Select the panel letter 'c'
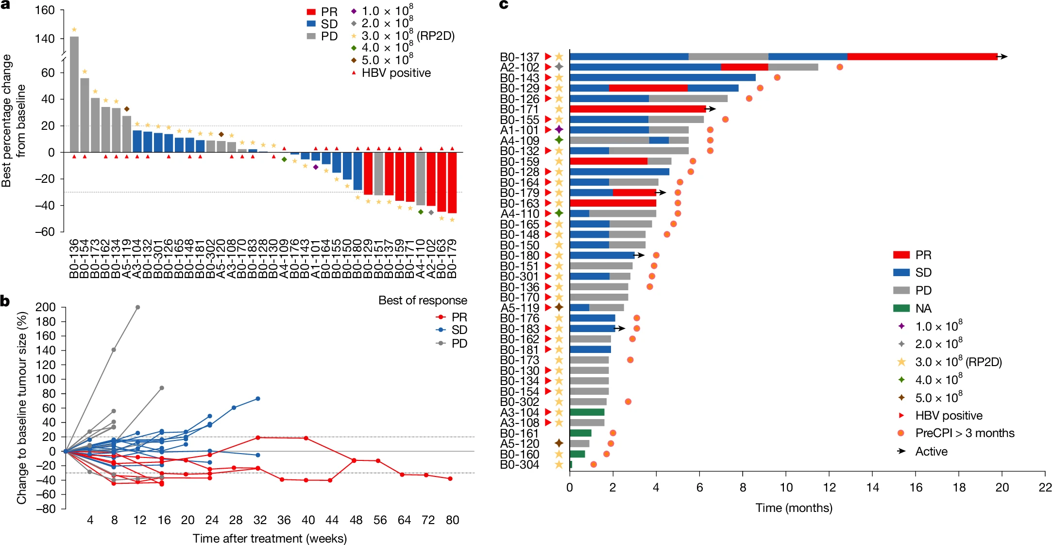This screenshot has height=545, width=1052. pyautogui.click(x=504, y=5)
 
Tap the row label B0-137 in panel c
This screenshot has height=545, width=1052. pyautogui.click(x=519, y=57)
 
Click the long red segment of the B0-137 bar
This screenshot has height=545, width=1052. pyautogui.click(x=922, y=57)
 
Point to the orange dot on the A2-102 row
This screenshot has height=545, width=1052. pyautogui.click(x=840, y=67)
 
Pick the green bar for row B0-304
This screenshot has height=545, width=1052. pyautogui.click(x=571, y=465)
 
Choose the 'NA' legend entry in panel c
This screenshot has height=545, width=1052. pyautogui.click(x=923, y=309)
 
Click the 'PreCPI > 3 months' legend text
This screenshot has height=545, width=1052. pyautogui.click(x=965, y=433)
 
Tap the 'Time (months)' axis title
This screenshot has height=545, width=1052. pyautogui.click(x=794, y=508)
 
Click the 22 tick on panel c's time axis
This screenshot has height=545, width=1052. pyautogui.click(x=1045, y=488)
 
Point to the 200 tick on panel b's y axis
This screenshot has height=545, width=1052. pyautogui.click(x=46, y=307)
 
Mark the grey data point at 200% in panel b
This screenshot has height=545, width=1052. pyautogui.click(x=138, y=307)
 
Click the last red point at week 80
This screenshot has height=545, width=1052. pyautogui.click(x=450, y=479)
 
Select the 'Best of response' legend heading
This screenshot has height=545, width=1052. pyautogui.click(x=423, y=300)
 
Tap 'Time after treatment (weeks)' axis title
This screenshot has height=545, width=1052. pyautogui.click(x=270, y=539)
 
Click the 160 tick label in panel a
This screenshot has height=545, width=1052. pyautogui.click(x=45, y=10)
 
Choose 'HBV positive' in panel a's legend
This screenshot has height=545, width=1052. pyautogui.click(x=396, y=73)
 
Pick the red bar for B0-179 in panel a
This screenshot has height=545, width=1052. pyautogui.click(x=452, y=183)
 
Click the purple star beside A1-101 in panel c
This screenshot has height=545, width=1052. pyautogui.click(x=559, y=130)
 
